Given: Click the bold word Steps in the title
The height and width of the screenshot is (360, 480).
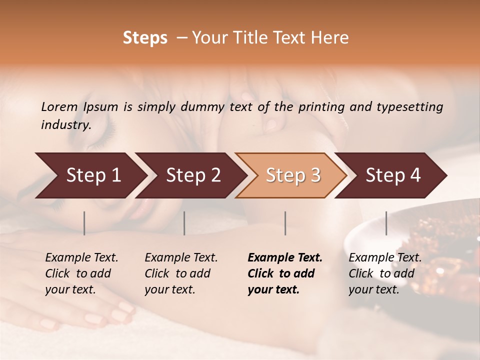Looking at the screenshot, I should pos(145,38).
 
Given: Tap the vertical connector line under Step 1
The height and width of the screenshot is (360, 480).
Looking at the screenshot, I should pos(84,223).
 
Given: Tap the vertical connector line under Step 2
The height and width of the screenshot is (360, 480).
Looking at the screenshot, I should pos(184,223).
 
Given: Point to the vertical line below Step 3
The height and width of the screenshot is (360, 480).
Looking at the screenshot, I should pos(285,223).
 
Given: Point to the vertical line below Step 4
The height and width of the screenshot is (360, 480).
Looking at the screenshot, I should pos(386,223).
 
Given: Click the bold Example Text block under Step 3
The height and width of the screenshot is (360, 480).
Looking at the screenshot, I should pos(285,273).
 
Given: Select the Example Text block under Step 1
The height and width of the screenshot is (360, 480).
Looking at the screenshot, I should pos(81,273).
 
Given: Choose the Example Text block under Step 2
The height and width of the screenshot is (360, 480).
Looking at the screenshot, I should pos(181,273).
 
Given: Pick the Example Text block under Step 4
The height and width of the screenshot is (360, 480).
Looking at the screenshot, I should pos(385,273).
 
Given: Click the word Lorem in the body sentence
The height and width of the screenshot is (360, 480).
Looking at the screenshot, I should pos(59,107).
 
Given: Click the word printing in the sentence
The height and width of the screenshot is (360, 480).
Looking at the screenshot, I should pos(321,107).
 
